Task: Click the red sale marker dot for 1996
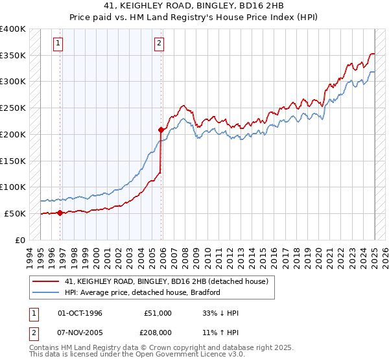click(60, 213)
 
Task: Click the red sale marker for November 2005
click(160, 130)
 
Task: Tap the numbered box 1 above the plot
click(58, 44)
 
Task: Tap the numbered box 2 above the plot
click(158, 44)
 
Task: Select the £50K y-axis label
click(15, 213)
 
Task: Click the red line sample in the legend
click(45, 281)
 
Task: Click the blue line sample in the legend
click(45, 292)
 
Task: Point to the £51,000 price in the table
click(158, 313)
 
